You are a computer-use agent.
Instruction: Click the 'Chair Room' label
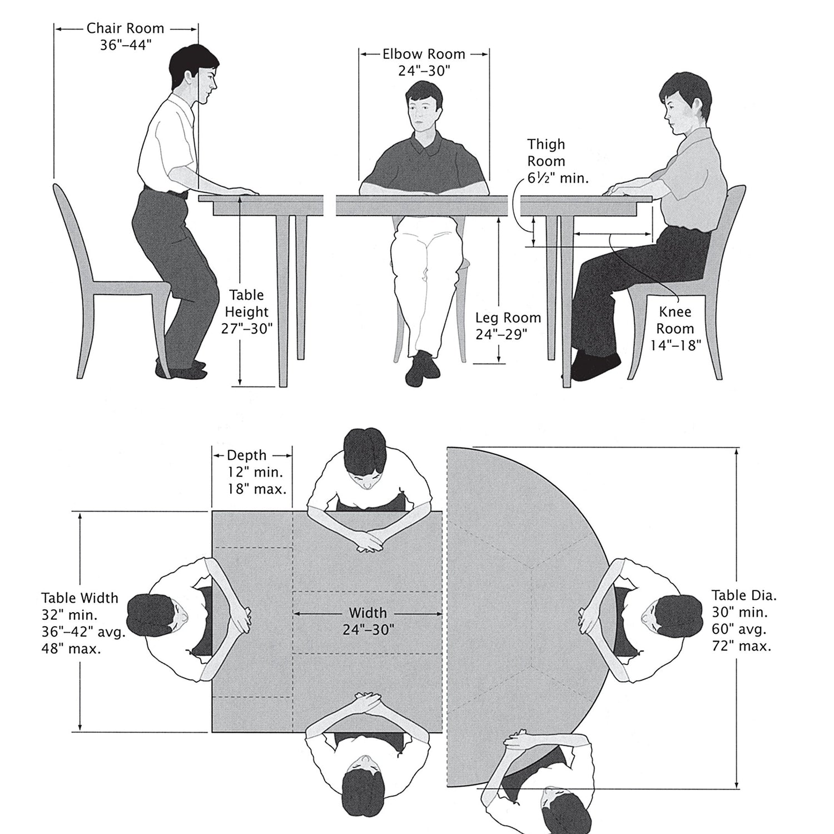125,28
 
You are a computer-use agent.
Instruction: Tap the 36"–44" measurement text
125,45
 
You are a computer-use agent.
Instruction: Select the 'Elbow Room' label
424,54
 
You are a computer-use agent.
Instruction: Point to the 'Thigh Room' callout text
546,153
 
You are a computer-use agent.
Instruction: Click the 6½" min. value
558,178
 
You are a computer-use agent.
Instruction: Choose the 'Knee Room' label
675,320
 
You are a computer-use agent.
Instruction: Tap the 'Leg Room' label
508,317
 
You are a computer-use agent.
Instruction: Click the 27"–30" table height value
247,329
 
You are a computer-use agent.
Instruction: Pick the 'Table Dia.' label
744,595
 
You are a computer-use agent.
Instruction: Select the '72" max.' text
741,646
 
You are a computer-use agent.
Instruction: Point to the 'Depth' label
247,455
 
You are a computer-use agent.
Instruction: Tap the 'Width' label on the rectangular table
368,613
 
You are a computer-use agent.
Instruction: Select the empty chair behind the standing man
106,284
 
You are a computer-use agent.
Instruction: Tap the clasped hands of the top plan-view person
370,541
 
